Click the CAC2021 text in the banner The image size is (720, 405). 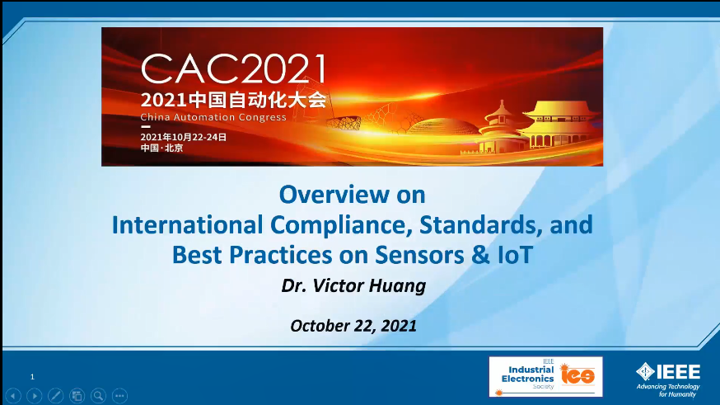click(233, 69)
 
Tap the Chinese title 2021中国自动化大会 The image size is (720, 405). click(234, 100)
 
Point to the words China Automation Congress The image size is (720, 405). click(213, 117)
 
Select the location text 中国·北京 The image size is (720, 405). click(161, 148)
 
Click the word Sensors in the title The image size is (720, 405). click(419, 255)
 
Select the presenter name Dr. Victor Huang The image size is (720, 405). click(353, 285)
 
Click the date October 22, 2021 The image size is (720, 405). click(353, 326)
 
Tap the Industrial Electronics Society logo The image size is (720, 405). click(545, 376)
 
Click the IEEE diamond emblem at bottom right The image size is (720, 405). click(645, 371)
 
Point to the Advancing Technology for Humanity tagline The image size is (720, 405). click(668, 390)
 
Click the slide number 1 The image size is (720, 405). click(32, 377)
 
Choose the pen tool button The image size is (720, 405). click(55, 395)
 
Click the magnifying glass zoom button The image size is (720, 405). click(98, 395)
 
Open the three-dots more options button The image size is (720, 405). click(119, 395)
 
